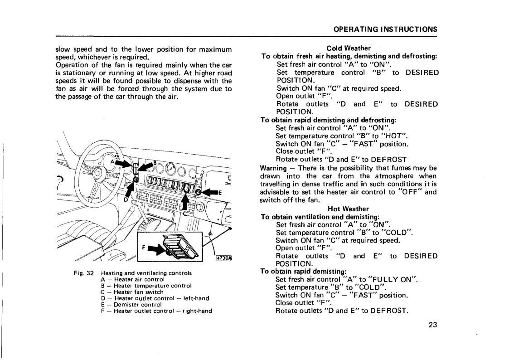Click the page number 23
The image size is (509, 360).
pyautogui.click(x=432, y=325)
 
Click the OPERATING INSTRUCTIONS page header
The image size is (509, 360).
pyautogui.click(x=385, y=29)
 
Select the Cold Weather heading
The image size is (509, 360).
pyautogui.click(x=349, y=48)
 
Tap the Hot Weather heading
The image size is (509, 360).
pyautogui.click(x=348, y=209)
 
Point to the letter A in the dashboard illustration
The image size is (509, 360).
pyautogui.click(x=112, y=161)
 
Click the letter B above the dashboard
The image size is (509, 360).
pyautogui.click(x=155, y=162)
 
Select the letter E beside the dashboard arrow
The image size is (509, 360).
pyautogui.click(x=220, y=192)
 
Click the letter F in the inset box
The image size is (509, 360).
pyautogui.click(x=144, y=248)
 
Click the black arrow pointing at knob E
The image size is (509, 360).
pyautogui.click(x=210, y=192)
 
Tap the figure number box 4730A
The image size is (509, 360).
pyautogui.click(x=223, y=258)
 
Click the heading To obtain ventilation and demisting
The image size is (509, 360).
pyautogui.click(x=320, y=217)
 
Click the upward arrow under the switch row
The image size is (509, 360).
pyautogui.click(x=185, y=200)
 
